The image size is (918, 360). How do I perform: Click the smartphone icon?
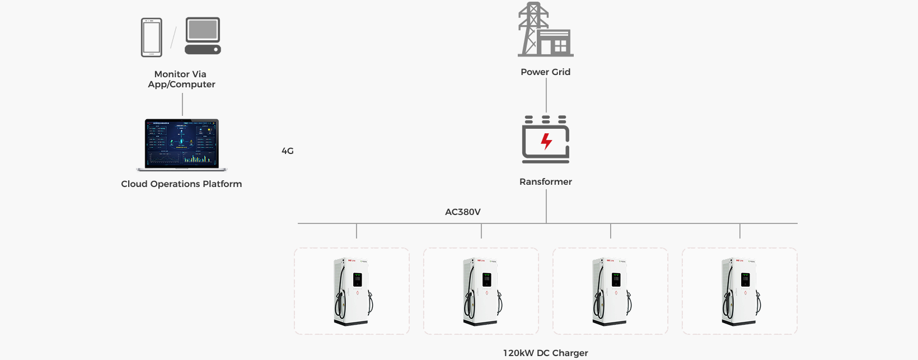[x=151, y=38]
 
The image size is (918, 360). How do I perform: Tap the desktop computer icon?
[x=203, y=35]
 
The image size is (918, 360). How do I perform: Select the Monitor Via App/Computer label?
[x=181, y=79]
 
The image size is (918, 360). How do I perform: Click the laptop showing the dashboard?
[x=182, y=144]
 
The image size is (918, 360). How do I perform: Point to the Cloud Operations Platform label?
[x=181, y=184]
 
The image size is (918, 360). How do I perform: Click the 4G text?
[x=287, y=151]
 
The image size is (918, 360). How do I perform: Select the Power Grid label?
[x=545, y=72]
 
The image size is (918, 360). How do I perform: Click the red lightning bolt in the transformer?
[x=546, y=142]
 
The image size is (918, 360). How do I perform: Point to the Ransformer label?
[x=545, y=181]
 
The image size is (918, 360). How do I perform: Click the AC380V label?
[x=462, y=212]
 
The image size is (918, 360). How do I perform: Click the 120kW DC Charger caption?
[x=545, y=353]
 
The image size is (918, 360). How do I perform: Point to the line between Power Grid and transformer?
[x=546, y=95]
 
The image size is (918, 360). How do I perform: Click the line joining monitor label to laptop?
[x=182, y=105]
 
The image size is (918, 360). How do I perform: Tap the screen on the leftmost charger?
[x=357, y=279]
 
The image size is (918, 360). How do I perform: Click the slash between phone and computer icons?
[x=174, y=37]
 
